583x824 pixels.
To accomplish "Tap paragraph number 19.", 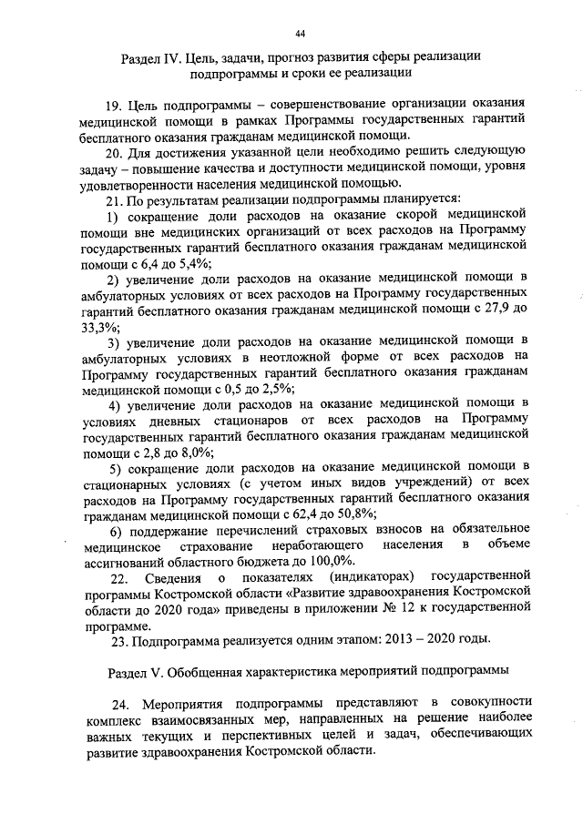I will (116, 106).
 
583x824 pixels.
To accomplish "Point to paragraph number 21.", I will (116, 199).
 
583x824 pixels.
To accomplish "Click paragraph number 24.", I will (121, 706).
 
